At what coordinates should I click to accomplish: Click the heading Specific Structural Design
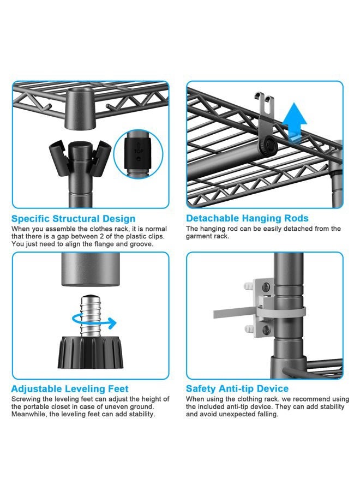click(74, 219)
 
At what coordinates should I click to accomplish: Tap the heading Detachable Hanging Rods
click(247, 218)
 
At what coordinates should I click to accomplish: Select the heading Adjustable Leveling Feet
click(70, 389)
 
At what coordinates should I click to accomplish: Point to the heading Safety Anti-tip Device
click(237, 388)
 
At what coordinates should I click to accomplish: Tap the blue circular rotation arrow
click(94, 322)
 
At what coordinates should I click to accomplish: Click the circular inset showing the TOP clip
click(139, 153)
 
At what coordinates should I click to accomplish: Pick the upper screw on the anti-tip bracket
click(266, 287)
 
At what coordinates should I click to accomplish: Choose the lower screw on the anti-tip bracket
click(266, 329)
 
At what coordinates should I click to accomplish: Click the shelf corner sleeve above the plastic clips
click(80, 109)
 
